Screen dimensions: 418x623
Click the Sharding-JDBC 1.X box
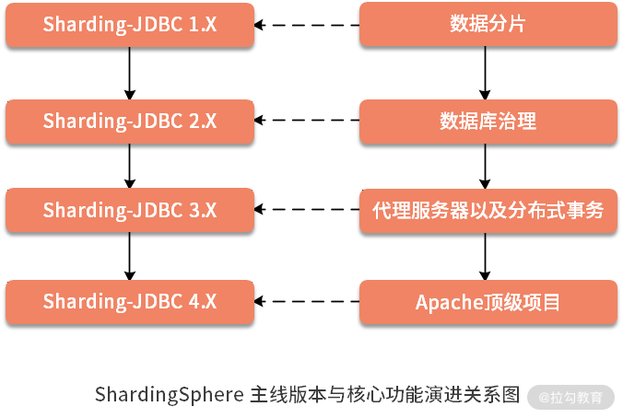130,25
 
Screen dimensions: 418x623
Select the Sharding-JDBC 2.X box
130,121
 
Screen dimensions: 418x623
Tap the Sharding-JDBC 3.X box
130,210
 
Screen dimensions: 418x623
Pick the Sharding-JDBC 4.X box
130,301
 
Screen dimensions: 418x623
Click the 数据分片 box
488,25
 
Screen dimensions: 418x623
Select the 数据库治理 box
488,121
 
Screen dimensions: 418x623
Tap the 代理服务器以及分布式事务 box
488,210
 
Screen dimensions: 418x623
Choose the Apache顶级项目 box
488,301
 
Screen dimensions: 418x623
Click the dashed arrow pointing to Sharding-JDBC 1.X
306,25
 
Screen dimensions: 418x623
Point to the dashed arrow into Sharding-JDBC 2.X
306,121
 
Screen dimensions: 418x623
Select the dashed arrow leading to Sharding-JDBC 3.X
306,210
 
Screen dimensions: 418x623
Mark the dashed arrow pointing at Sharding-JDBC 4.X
306,301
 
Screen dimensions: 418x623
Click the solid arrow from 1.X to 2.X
130,73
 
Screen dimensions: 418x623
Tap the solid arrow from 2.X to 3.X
130,166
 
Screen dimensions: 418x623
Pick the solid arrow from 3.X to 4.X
130,256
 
